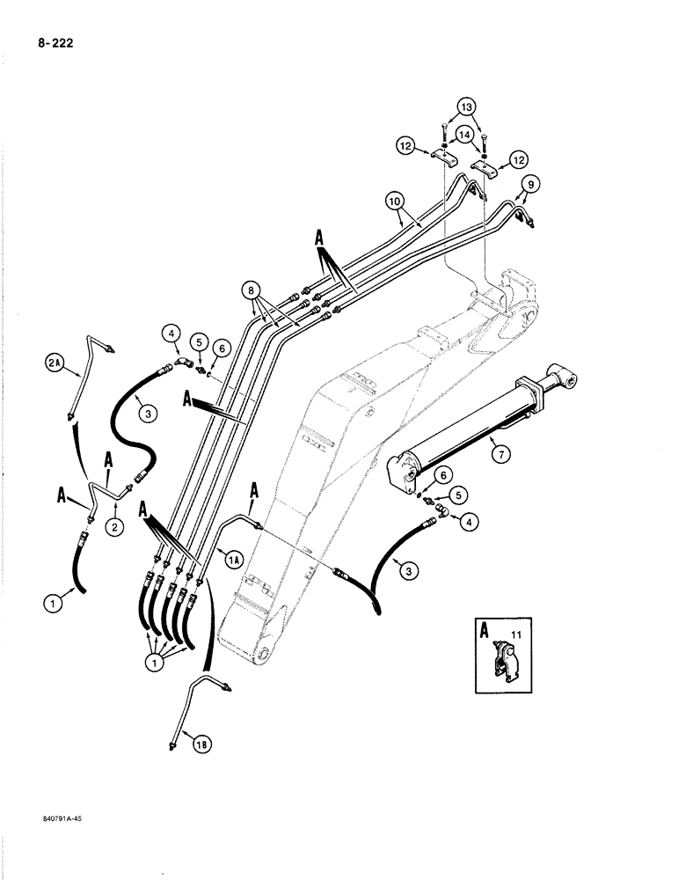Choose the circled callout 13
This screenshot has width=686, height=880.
click(464, 109)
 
